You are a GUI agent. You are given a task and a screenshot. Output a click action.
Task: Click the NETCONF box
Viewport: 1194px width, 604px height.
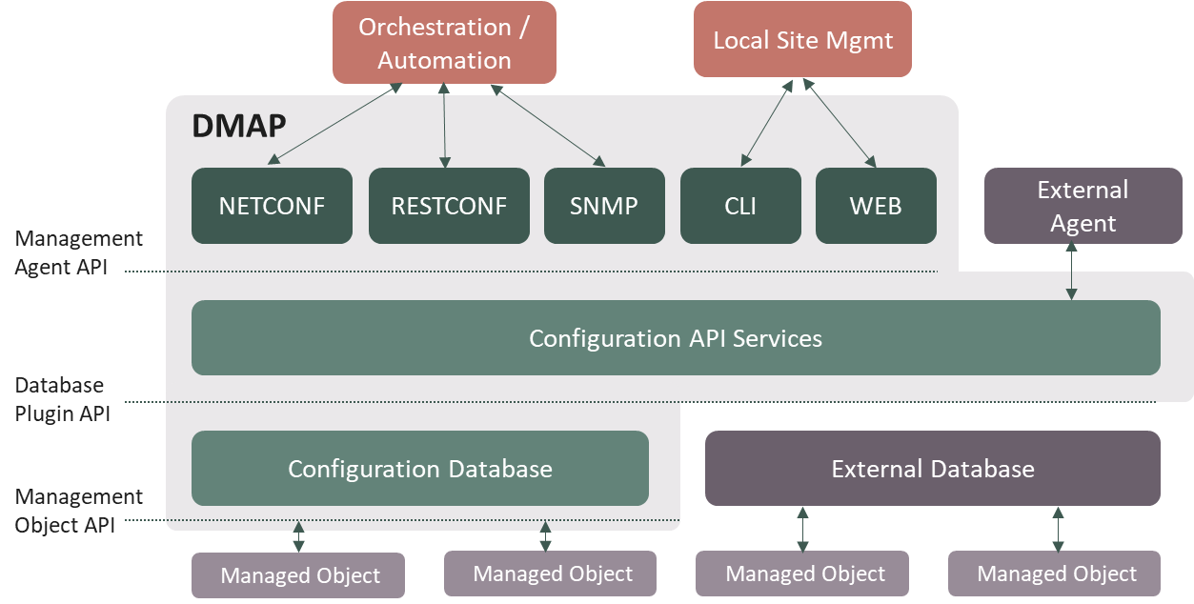click(272, 206)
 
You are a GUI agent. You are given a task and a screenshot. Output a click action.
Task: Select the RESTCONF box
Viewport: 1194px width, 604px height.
click(449, 206)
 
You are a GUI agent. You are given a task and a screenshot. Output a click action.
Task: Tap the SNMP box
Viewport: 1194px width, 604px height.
click(604, 206)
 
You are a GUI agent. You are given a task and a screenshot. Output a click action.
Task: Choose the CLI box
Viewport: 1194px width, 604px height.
click(740, 206)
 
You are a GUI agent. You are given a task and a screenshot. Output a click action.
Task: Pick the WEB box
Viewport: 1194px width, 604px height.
click(876, 206)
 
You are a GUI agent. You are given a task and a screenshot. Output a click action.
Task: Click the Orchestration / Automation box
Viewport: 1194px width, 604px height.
click(444, 43)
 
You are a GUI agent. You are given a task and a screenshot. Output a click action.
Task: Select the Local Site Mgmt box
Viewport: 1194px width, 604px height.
click(802, 40)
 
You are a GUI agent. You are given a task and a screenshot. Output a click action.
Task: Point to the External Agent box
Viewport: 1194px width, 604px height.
click(1083, 206)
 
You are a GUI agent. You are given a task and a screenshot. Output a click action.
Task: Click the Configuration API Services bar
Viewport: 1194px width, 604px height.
click(676, 338)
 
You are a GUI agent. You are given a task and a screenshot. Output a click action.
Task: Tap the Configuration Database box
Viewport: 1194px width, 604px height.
click(420, 469)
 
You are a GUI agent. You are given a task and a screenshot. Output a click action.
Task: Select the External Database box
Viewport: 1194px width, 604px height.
click(932, 469)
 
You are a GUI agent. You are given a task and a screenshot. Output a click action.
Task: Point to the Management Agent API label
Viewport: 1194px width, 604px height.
click(78, 252)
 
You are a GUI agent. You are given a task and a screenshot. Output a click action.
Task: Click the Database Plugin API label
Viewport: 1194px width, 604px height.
click(62, 399)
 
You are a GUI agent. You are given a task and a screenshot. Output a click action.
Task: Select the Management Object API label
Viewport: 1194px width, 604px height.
click(78, 511)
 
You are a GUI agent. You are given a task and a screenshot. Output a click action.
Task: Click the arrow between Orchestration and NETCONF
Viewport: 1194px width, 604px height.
click(335, 124)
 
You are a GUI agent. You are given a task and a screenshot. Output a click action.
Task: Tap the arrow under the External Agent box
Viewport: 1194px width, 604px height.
click(1072, 272)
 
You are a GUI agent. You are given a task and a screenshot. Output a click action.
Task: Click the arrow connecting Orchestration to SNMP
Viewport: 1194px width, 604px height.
click(548, 125)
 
